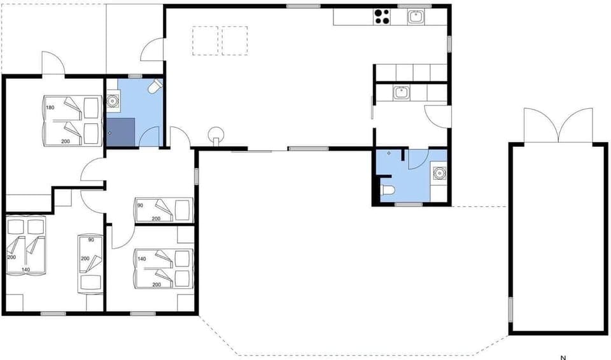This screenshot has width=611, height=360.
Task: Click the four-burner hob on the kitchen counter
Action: (x=382, y=17)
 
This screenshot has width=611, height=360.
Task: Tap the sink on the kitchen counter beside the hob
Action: (x=416, y=17)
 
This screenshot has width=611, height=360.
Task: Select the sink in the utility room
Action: (x=400, y=93)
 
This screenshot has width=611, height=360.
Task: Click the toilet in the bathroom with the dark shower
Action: (x=153, y=87)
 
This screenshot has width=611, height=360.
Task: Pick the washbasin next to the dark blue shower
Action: (x=113, y=100)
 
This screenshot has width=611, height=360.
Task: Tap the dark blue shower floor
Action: (x=120, y=132)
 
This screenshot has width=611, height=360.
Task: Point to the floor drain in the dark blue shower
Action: (x=111, y=132)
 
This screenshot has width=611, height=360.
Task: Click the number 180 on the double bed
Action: (x=50, y=107)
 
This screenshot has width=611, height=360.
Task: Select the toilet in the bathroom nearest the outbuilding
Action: (x=388, y=189)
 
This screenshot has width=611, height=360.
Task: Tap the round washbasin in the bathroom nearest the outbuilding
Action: (x=439, y=171)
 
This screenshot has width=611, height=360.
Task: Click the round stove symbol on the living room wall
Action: (x=217, y=135)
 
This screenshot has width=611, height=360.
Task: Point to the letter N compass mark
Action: (x=563, y=356)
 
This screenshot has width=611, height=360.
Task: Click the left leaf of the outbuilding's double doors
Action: (x=540, y=126)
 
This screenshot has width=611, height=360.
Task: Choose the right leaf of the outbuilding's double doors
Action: (x=576, y=126)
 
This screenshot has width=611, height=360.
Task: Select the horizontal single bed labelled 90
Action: (x=164, y=209)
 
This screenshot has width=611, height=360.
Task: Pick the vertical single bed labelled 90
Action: (x=90, y=264)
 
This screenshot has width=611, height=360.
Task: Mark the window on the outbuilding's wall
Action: (x=510, y=310)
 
